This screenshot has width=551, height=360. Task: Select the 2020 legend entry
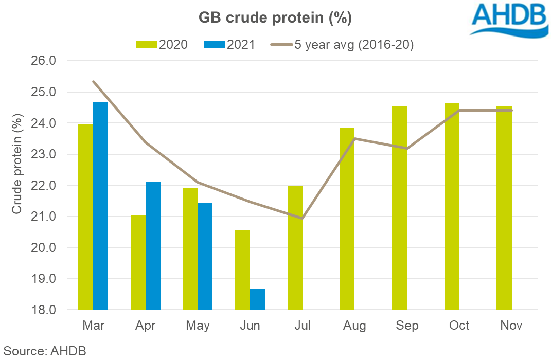(x=162, y=45)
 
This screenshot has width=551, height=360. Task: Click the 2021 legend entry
(x=229, y=45)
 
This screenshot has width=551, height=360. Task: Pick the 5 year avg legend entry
(x=342, y=45)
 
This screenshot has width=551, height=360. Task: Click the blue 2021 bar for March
(x=101, y=206)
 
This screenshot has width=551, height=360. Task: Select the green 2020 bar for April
(x=138, y=262)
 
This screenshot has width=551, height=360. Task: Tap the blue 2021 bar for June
(x=257, y=299)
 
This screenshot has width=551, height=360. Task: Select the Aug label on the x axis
(x=354, y=326)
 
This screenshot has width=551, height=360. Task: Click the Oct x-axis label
(x=459, y=326)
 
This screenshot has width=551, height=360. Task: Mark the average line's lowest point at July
(x=303, y=219)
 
